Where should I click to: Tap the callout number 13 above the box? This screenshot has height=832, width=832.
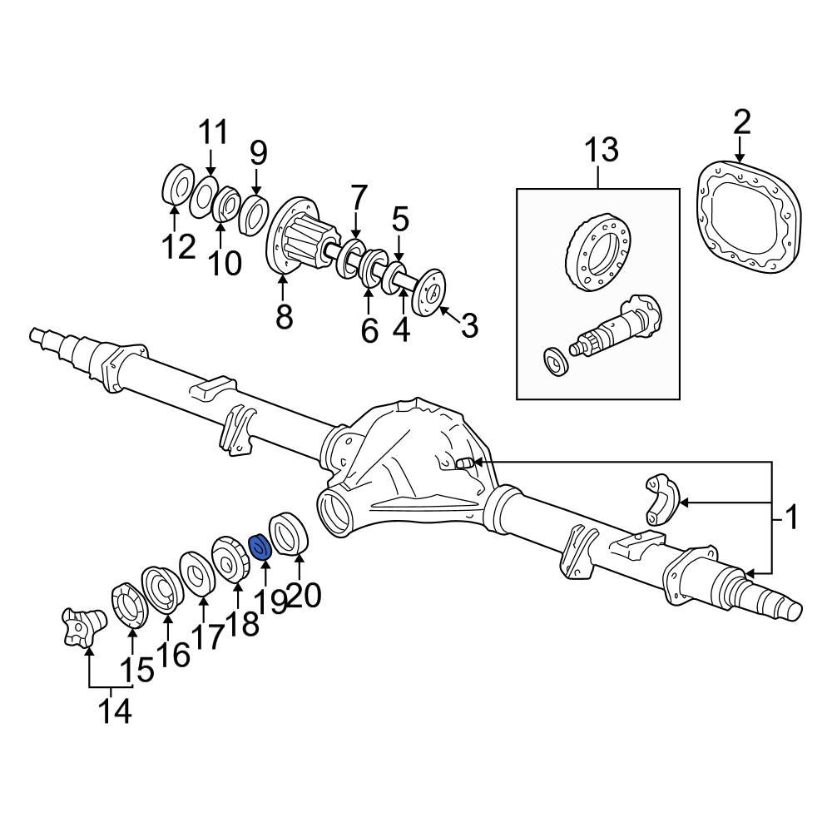click(x=600, y=151)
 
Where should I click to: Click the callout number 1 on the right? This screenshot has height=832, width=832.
click(x=791, y=519)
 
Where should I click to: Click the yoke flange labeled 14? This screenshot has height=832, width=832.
click(x=83, y=626)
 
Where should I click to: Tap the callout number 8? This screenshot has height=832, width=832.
click(x=284, y=316)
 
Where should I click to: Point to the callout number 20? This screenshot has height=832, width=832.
click(x=303, y=597)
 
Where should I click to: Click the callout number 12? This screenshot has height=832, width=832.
click(x=179, y=246)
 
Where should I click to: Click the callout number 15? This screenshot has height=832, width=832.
click(x=136, y=670)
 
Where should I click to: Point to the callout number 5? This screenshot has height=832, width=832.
click(x=400, y=220)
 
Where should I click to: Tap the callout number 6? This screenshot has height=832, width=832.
click(x=369, y=330)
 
